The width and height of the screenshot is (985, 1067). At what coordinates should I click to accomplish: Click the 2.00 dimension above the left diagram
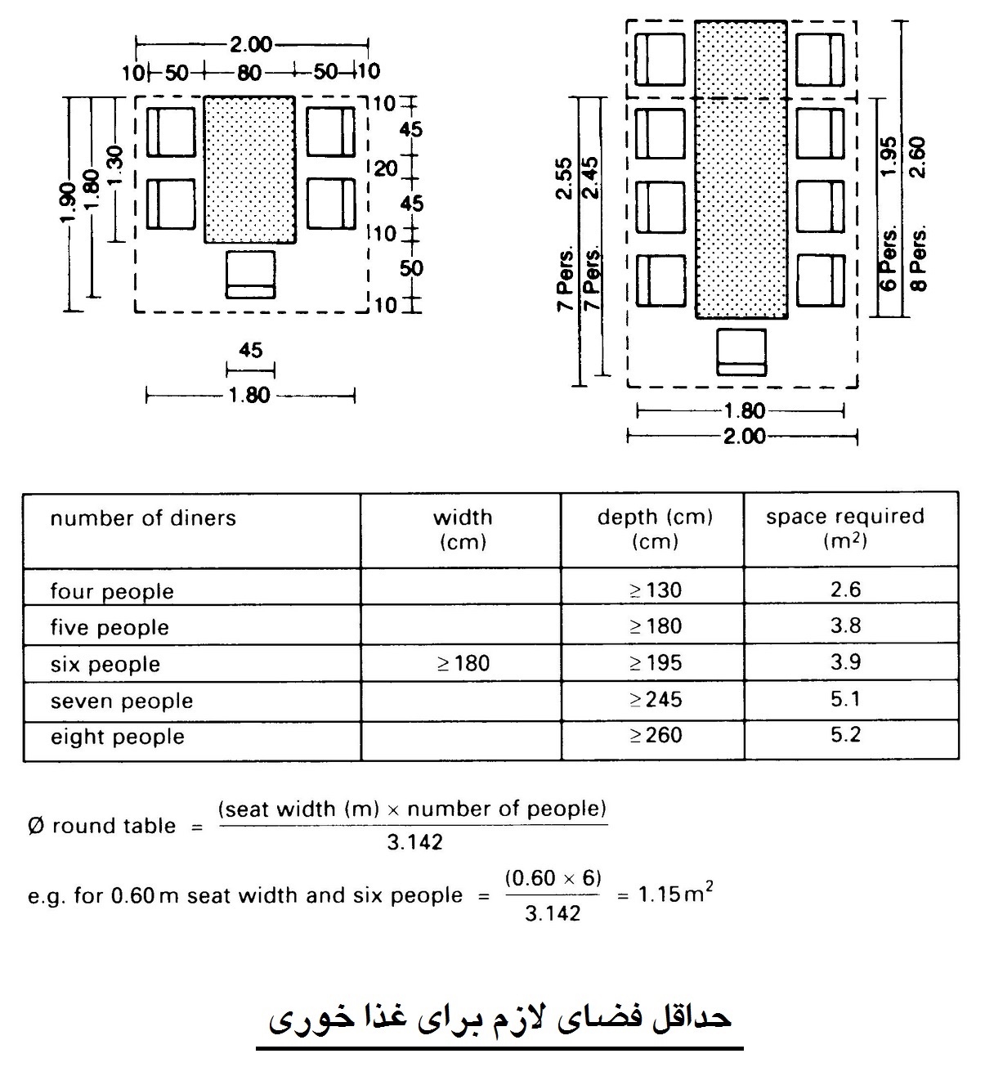[251, 45]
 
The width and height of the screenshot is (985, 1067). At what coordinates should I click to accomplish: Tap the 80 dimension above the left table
[249, 73]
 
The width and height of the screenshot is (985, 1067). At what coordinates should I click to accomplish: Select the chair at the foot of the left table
[250, 275]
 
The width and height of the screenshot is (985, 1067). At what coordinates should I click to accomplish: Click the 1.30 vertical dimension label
[115, 165]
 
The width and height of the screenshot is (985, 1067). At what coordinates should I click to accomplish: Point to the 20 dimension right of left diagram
[385, 168]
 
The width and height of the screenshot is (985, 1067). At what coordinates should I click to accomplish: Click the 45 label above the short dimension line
[250, 350]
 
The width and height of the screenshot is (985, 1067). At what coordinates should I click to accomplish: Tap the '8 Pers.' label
[919, 258]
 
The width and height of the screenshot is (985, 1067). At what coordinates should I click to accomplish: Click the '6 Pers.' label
[889, 258]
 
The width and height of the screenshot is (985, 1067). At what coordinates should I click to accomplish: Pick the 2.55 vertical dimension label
[564, 178]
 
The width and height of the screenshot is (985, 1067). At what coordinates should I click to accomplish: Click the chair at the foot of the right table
[741, 352]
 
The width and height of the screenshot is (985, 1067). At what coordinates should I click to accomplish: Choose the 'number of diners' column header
[143, 518]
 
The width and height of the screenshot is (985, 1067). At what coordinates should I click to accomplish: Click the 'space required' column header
[845, 516]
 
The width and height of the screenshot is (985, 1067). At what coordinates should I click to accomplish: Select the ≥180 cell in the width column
[463, 663]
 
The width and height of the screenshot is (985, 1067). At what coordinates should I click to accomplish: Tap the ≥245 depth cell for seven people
[656, 699]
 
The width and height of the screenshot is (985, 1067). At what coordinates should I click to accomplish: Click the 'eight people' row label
[118, 737]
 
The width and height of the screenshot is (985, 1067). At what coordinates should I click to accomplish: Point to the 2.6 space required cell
[846, 589]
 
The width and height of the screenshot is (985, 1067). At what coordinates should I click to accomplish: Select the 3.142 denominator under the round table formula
[415, 842]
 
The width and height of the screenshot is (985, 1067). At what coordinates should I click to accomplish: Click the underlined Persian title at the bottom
[499, 1018]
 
